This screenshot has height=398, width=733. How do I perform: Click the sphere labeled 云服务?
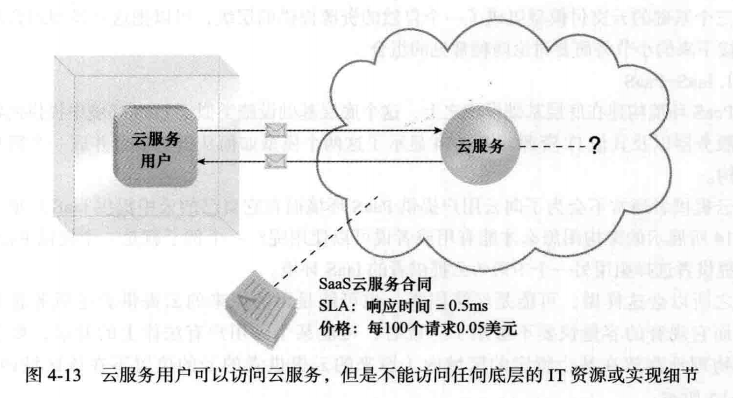[480, 147]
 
